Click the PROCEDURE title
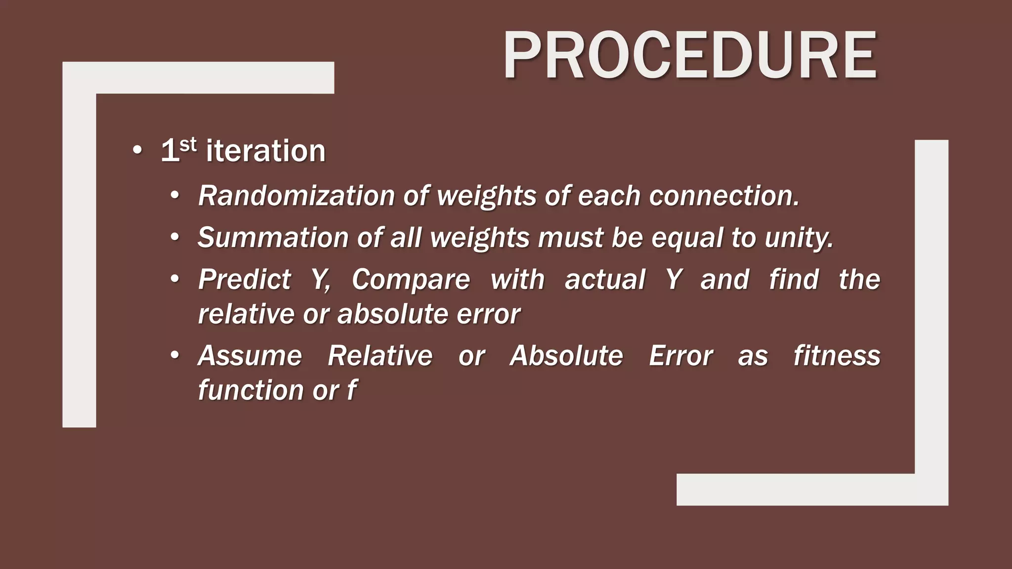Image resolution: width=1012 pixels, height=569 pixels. point(690,55)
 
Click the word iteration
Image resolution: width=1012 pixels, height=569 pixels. point(265,151)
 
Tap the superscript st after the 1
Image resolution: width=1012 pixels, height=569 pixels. point(188,145)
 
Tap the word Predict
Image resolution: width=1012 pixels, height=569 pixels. point(245,280)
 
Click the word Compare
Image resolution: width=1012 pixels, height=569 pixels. point(411,280)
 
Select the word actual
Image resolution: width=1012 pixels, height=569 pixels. point(605,280)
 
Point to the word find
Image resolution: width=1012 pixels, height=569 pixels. point(794,280)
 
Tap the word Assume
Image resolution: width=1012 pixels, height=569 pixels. point(250,356)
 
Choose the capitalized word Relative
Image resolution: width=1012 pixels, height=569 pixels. point(380,356)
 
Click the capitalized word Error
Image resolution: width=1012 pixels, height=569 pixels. point(680,356)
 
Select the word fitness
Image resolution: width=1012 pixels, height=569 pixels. point(837,356)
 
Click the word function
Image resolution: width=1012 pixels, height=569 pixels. point(251,390)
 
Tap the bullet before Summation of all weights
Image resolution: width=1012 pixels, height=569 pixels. point(174,238)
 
